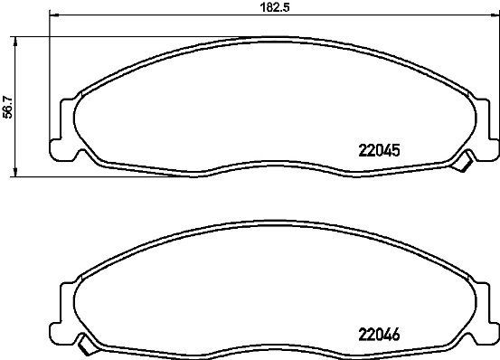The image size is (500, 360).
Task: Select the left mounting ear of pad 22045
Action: click(64, 126)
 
